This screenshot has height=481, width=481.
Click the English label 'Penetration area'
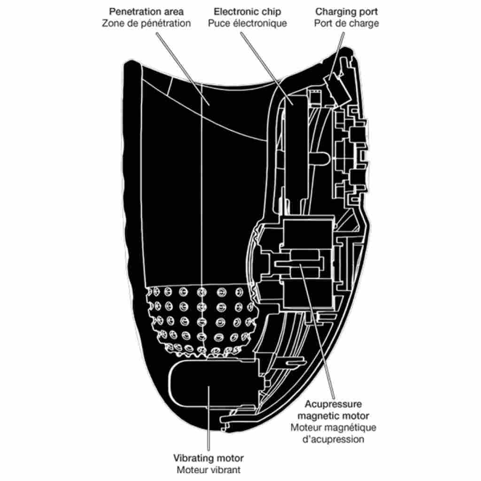click(146, 11)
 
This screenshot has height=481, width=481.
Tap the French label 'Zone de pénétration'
click(146, 23)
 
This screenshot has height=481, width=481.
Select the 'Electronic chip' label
click(247, 11)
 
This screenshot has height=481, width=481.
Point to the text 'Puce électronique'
click(247, 23)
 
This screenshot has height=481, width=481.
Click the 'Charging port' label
click(347, 11)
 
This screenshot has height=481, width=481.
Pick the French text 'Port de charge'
click(347, 23)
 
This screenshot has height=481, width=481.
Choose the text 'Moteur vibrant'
click(209, 469)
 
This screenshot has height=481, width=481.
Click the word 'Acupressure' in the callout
click(333, 404)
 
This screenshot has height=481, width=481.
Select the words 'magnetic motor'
click(333, 416)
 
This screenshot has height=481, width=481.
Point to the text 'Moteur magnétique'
click(333, 427)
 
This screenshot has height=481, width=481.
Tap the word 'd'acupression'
click(333, 439)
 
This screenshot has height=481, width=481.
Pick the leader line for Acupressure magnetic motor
click(319, 338)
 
